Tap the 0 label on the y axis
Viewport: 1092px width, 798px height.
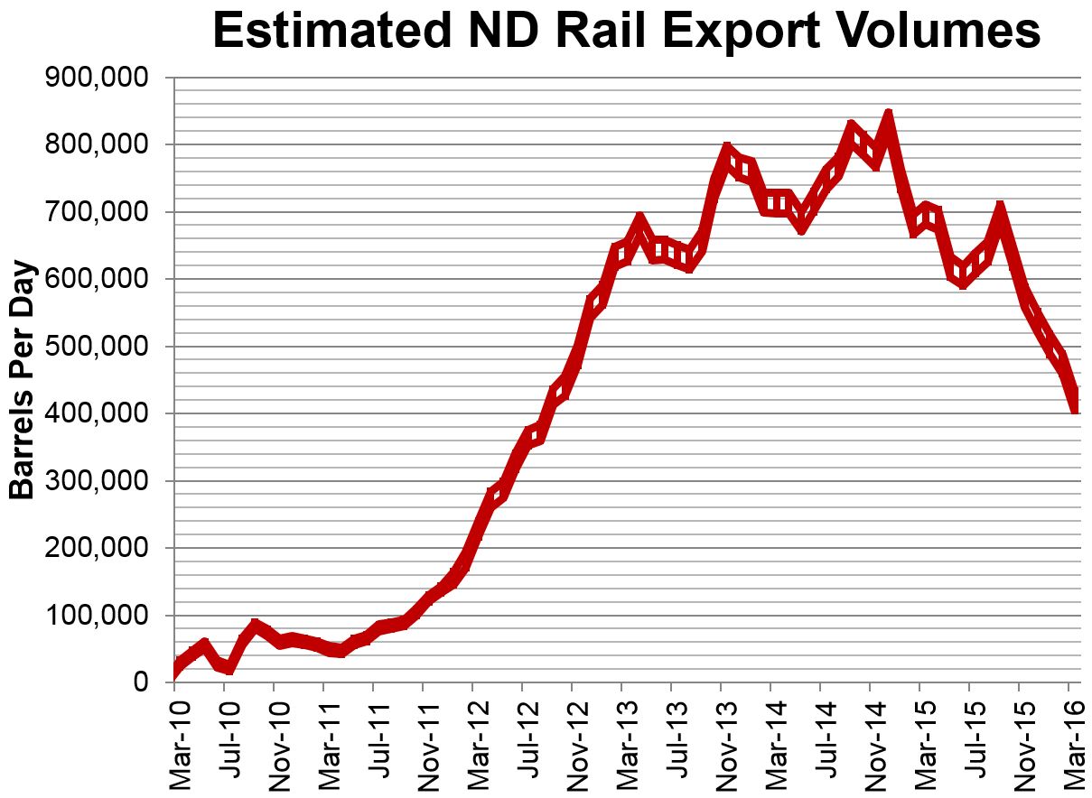click(140, 682)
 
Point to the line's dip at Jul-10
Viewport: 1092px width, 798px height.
click(229, 669)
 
